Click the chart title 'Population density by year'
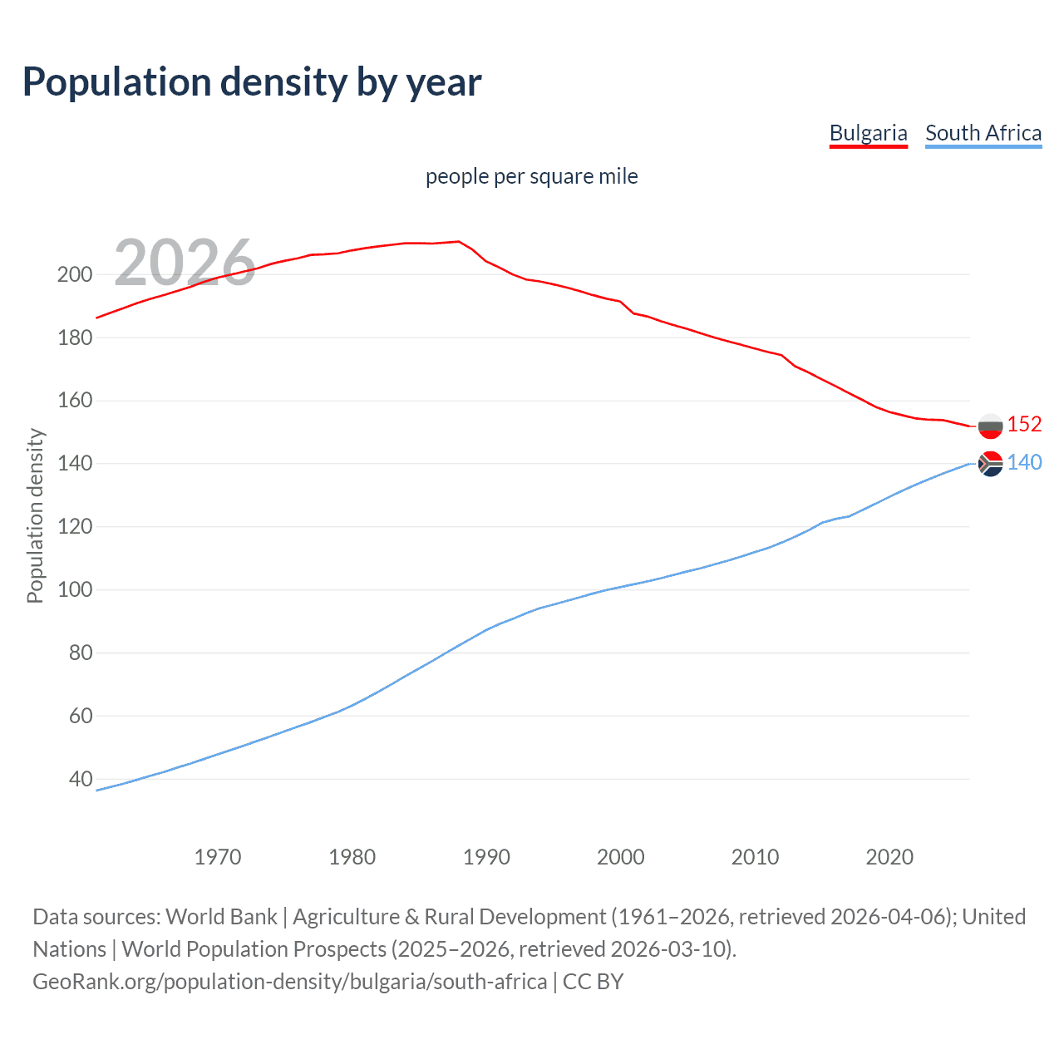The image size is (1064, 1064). click(252, 82)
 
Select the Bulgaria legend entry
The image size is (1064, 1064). click(868, 133)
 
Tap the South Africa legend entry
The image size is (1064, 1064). click(983, 133)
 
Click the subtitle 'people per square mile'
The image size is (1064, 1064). click(531, 176)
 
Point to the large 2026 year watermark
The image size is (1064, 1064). click(185, 263)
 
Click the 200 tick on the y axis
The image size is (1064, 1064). click(74, 274)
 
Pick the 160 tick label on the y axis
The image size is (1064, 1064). click(74, 401)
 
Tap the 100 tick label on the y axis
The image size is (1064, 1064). click(74, 590)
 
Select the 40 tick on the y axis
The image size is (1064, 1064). click(81, 779)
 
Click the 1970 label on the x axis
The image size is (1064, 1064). click(217, 857)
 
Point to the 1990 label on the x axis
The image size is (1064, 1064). click(486, 857)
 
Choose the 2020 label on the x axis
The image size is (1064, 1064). click(889, 857)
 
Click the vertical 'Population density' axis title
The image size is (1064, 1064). click(35, 515)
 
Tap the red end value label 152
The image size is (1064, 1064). click(1024, 424)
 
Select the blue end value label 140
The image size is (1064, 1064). click(1024, 462)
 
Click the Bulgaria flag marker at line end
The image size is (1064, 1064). click(990, 426)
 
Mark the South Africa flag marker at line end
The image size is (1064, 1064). click(990, 464)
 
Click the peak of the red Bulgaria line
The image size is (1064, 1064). click(458, 242)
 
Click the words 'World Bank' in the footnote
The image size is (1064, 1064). click(221, 916)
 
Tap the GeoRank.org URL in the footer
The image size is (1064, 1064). click(289, 982)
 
